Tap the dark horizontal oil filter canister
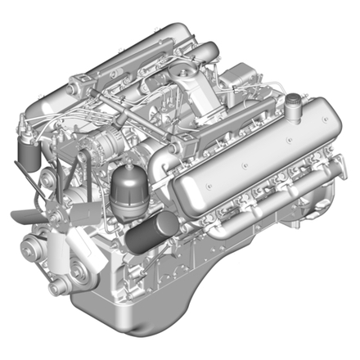(150, 232)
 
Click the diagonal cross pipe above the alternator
(131, 115)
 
